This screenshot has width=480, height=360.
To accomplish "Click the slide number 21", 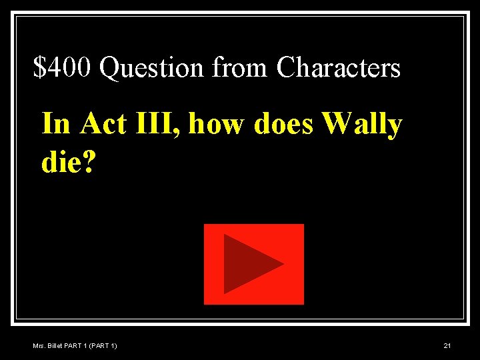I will pyautogui.click(x=447, y=345).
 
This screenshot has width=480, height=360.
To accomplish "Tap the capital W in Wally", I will pyautogui.click(x=336, y=124).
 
